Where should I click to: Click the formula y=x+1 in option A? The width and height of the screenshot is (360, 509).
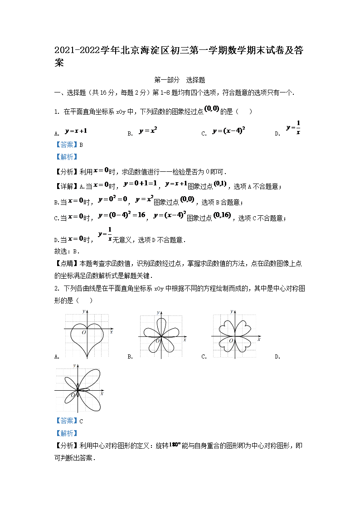(x=76, y=131)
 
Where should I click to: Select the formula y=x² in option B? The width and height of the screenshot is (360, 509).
(x=148, y=131)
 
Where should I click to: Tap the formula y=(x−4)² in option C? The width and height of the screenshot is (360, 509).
(x=229, y=131)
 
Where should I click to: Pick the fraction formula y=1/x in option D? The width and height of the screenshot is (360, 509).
(x=293, y=127)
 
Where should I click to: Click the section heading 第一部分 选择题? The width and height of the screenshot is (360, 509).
(x=180, y=80)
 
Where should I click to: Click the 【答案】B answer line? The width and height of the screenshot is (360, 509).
(x=68, y=145)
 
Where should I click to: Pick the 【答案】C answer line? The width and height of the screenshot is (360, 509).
(x=68, y=421)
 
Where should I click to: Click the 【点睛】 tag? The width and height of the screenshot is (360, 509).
(x=67, y=263)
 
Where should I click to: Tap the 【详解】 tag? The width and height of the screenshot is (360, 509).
(x=67, y=186)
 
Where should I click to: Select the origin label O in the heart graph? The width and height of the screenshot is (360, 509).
(x=84, y=333)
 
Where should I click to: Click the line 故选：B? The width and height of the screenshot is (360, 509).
(x=67, y=251)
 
